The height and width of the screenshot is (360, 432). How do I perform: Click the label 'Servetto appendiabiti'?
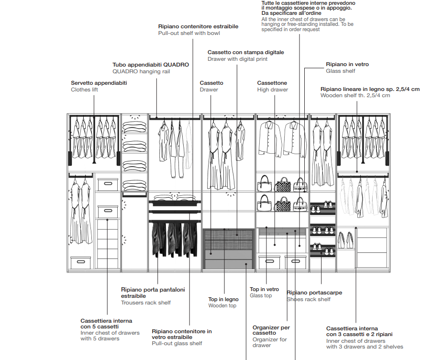[99, 83]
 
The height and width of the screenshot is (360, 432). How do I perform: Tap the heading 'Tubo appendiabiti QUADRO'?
[151, 64]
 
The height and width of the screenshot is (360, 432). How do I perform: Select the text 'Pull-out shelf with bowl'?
[189, 34]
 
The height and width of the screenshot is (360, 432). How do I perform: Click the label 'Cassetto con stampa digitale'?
[245, 52]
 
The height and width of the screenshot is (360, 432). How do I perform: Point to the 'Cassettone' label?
[272, 83]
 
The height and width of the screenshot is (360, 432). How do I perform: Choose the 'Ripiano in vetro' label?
[347, 64]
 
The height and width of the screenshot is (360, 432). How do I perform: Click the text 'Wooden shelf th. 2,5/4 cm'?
[355, 96]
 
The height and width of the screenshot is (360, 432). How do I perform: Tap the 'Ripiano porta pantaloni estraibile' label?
[153, 292]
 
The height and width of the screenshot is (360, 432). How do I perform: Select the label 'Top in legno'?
[223, 299]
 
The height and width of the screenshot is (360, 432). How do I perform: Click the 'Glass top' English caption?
[261, 296]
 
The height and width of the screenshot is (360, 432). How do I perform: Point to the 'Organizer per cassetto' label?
[271, 330]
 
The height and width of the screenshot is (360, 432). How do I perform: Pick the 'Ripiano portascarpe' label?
[314, 292]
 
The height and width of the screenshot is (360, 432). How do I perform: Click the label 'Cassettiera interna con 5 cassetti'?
[106, 324]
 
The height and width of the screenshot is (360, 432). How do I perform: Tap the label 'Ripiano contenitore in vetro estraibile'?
[181, 334]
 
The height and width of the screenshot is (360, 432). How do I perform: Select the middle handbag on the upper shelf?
[283, 184]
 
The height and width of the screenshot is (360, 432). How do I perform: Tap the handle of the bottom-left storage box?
[80, 262]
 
